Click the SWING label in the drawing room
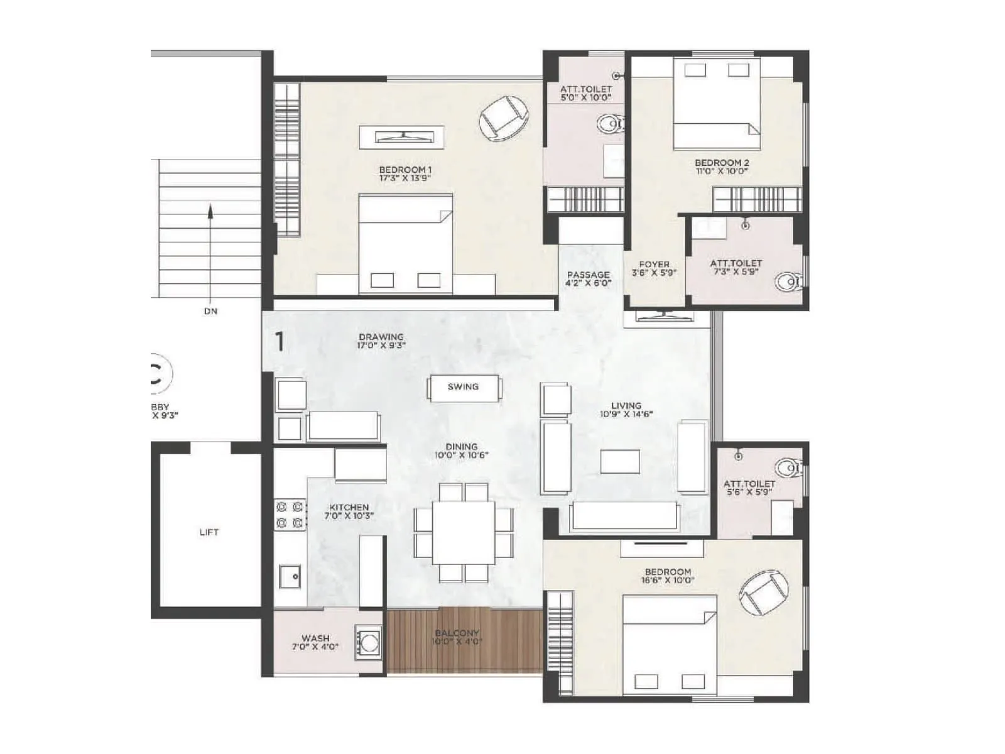[x=463, y=387]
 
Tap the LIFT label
[x=209, y=532]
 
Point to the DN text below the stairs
[x=210, y=311]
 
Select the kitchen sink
[x=290, y=576]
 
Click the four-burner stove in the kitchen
[x=290, y=514]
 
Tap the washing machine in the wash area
[x=368, y=642]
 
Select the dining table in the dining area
[x=464, y=532]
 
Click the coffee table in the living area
[x=619, y=462]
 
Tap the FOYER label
[x=654, y=265]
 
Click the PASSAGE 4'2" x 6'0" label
[x=588, y=279]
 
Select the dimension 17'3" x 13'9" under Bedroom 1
[x=405, y=178]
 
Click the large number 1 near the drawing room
[x=280, y=342]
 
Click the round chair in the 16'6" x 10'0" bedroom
[x=763, y=593]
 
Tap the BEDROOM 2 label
[x=722, y=163]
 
